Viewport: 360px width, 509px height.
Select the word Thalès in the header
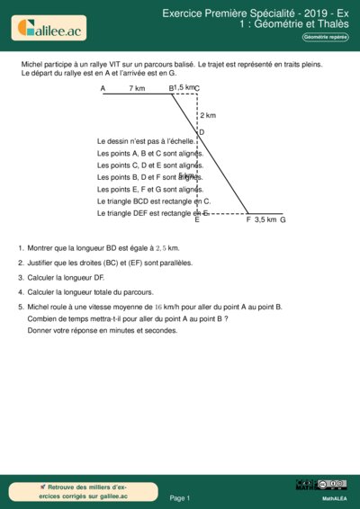pyautogui.click(x=330, y=25)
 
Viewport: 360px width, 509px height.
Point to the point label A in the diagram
pyautogui.click(x=103, y=88)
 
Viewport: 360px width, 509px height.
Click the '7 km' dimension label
pyautogui.click(x=137, y=88)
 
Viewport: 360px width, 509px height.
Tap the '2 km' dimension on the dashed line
pyautogui.click(x=208, y=115)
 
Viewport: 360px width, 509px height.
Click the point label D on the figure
pyautogui.click(x=202, y=132)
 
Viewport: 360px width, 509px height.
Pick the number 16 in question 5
pyautogui.click(x=159, y=307)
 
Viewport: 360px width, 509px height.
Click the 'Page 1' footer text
pyautogui.click(x=180, y=497)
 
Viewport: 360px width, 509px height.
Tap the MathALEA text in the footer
pyautogui.click(x=335, y=497)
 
